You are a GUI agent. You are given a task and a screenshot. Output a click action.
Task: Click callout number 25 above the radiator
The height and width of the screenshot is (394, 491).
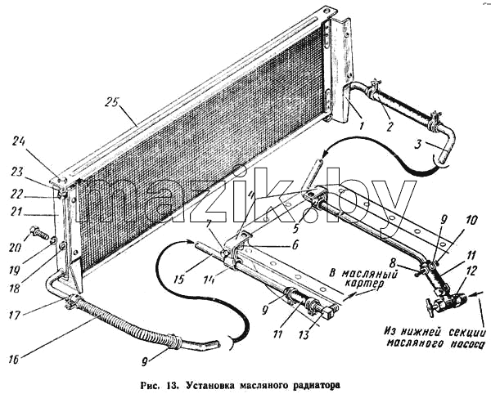point(112,103)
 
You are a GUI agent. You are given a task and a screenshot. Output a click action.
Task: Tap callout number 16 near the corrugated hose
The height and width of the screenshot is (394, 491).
point(12,360)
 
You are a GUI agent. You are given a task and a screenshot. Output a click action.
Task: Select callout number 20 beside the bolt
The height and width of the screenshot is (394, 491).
point(15,248)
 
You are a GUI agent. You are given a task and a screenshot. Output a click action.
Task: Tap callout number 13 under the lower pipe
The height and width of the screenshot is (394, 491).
point(304,335)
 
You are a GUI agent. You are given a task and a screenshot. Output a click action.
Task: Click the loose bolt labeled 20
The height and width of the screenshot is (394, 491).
point(39,234)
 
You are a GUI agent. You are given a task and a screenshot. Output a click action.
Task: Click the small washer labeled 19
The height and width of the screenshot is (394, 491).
point(53,240)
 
